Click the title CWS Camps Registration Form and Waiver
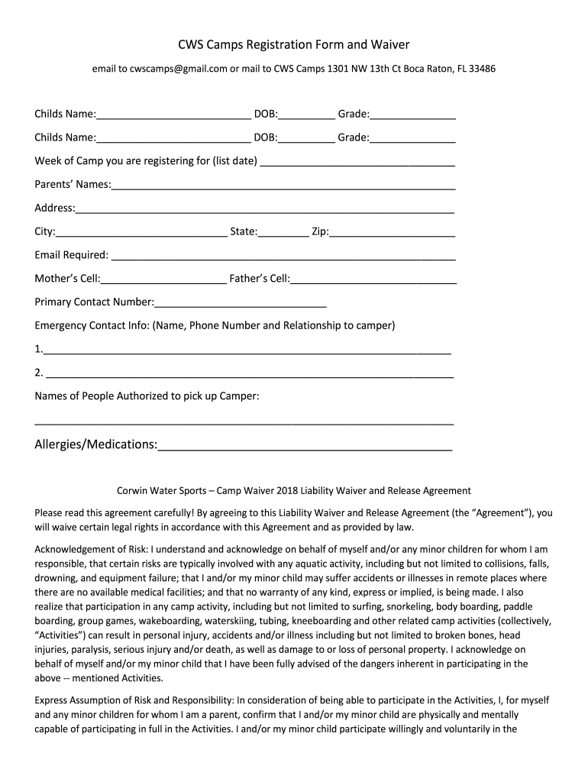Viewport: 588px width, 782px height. (294, 45)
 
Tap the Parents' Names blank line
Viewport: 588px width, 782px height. (283, 186)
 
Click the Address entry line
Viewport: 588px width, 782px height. (265, 209)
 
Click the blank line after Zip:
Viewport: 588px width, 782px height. (392, 232)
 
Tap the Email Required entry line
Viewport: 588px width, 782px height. (283, 256)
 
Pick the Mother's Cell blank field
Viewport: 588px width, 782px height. (163, 280)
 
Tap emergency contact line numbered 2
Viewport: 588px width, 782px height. (249, 374)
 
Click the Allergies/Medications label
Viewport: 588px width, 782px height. (96, 444)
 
